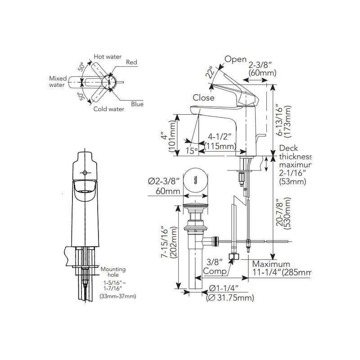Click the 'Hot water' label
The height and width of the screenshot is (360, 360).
point(108,57)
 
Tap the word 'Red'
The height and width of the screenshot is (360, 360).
point(131,62)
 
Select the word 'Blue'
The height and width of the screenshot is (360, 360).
point(137,104)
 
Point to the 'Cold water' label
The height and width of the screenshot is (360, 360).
point(109,109)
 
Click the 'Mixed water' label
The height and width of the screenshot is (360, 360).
point(58,81)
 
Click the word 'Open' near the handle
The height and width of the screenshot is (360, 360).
point(235,59)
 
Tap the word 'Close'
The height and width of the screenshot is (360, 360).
point(204,98)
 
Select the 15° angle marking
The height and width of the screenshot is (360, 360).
point(192,151)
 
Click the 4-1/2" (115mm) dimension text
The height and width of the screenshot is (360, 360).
point(220,141)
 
